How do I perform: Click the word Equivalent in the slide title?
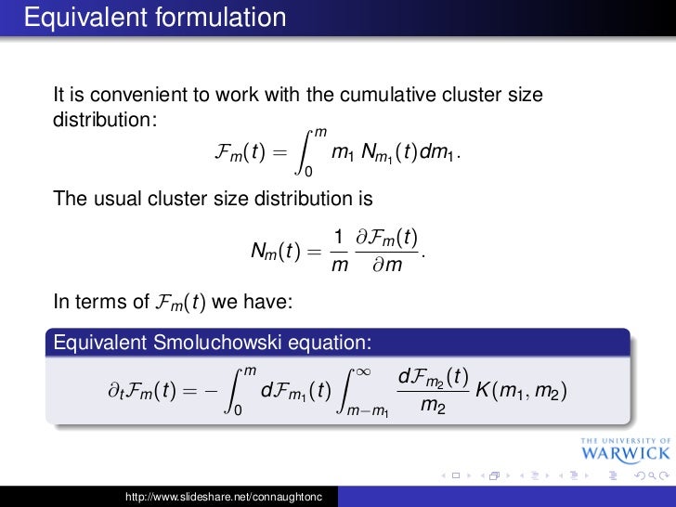[76, 18]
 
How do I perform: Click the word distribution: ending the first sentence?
[106, 121]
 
